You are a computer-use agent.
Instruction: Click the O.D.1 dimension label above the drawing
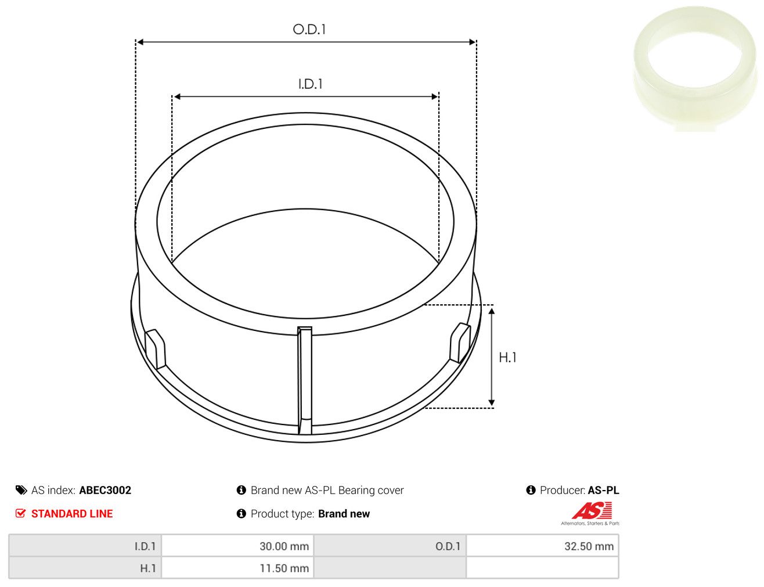(309, 30)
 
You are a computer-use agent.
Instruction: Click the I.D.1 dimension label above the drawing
(311, 84)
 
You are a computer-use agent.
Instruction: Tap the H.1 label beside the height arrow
(508, 358)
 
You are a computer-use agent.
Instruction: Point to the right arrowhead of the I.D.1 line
(435, 96)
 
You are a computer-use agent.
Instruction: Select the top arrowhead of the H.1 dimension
(492, 311)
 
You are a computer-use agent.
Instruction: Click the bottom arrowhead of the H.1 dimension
(492, 402)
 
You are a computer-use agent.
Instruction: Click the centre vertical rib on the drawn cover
(304, 380)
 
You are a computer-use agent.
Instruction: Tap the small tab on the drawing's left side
(155, 349)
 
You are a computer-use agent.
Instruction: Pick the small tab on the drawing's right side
(460, 343)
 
